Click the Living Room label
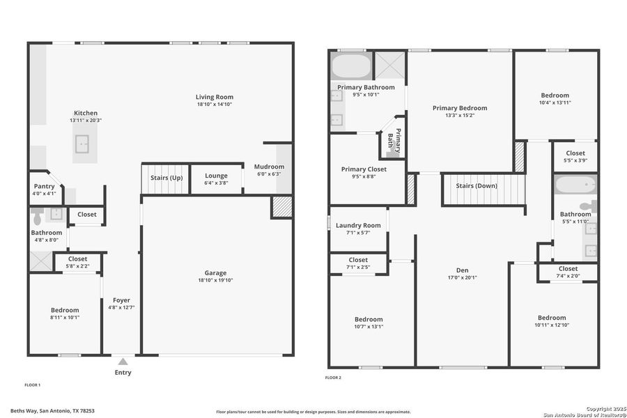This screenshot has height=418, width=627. tap(214, 97)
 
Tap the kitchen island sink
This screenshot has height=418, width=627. tap(84, 144)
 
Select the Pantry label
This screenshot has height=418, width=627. tap(45, 186)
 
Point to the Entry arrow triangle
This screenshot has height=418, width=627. tap(123, 361)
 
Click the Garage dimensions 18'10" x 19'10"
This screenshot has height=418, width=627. tap(215, 281)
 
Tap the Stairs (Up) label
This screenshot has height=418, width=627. tap(167, 178)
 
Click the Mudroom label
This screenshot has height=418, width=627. tap(269, 167)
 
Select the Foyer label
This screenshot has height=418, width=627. tap(121, 300)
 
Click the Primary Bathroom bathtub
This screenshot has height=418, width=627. tap(351, 67)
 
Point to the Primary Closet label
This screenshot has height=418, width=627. tap(363, 169)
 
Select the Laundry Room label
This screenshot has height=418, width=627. tap(358, 225)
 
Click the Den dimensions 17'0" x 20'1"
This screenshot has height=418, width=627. tap(462, 277)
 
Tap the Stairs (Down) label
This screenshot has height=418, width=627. tap(477, 186)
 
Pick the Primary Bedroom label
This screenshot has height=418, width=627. tap(459, 108)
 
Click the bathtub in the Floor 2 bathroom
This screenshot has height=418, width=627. tap(575, 185)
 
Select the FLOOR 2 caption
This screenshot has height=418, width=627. tap(333, 378)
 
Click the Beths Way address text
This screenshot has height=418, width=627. tap(52, 411)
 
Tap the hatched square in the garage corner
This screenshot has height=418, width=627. tap(281, 207)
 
